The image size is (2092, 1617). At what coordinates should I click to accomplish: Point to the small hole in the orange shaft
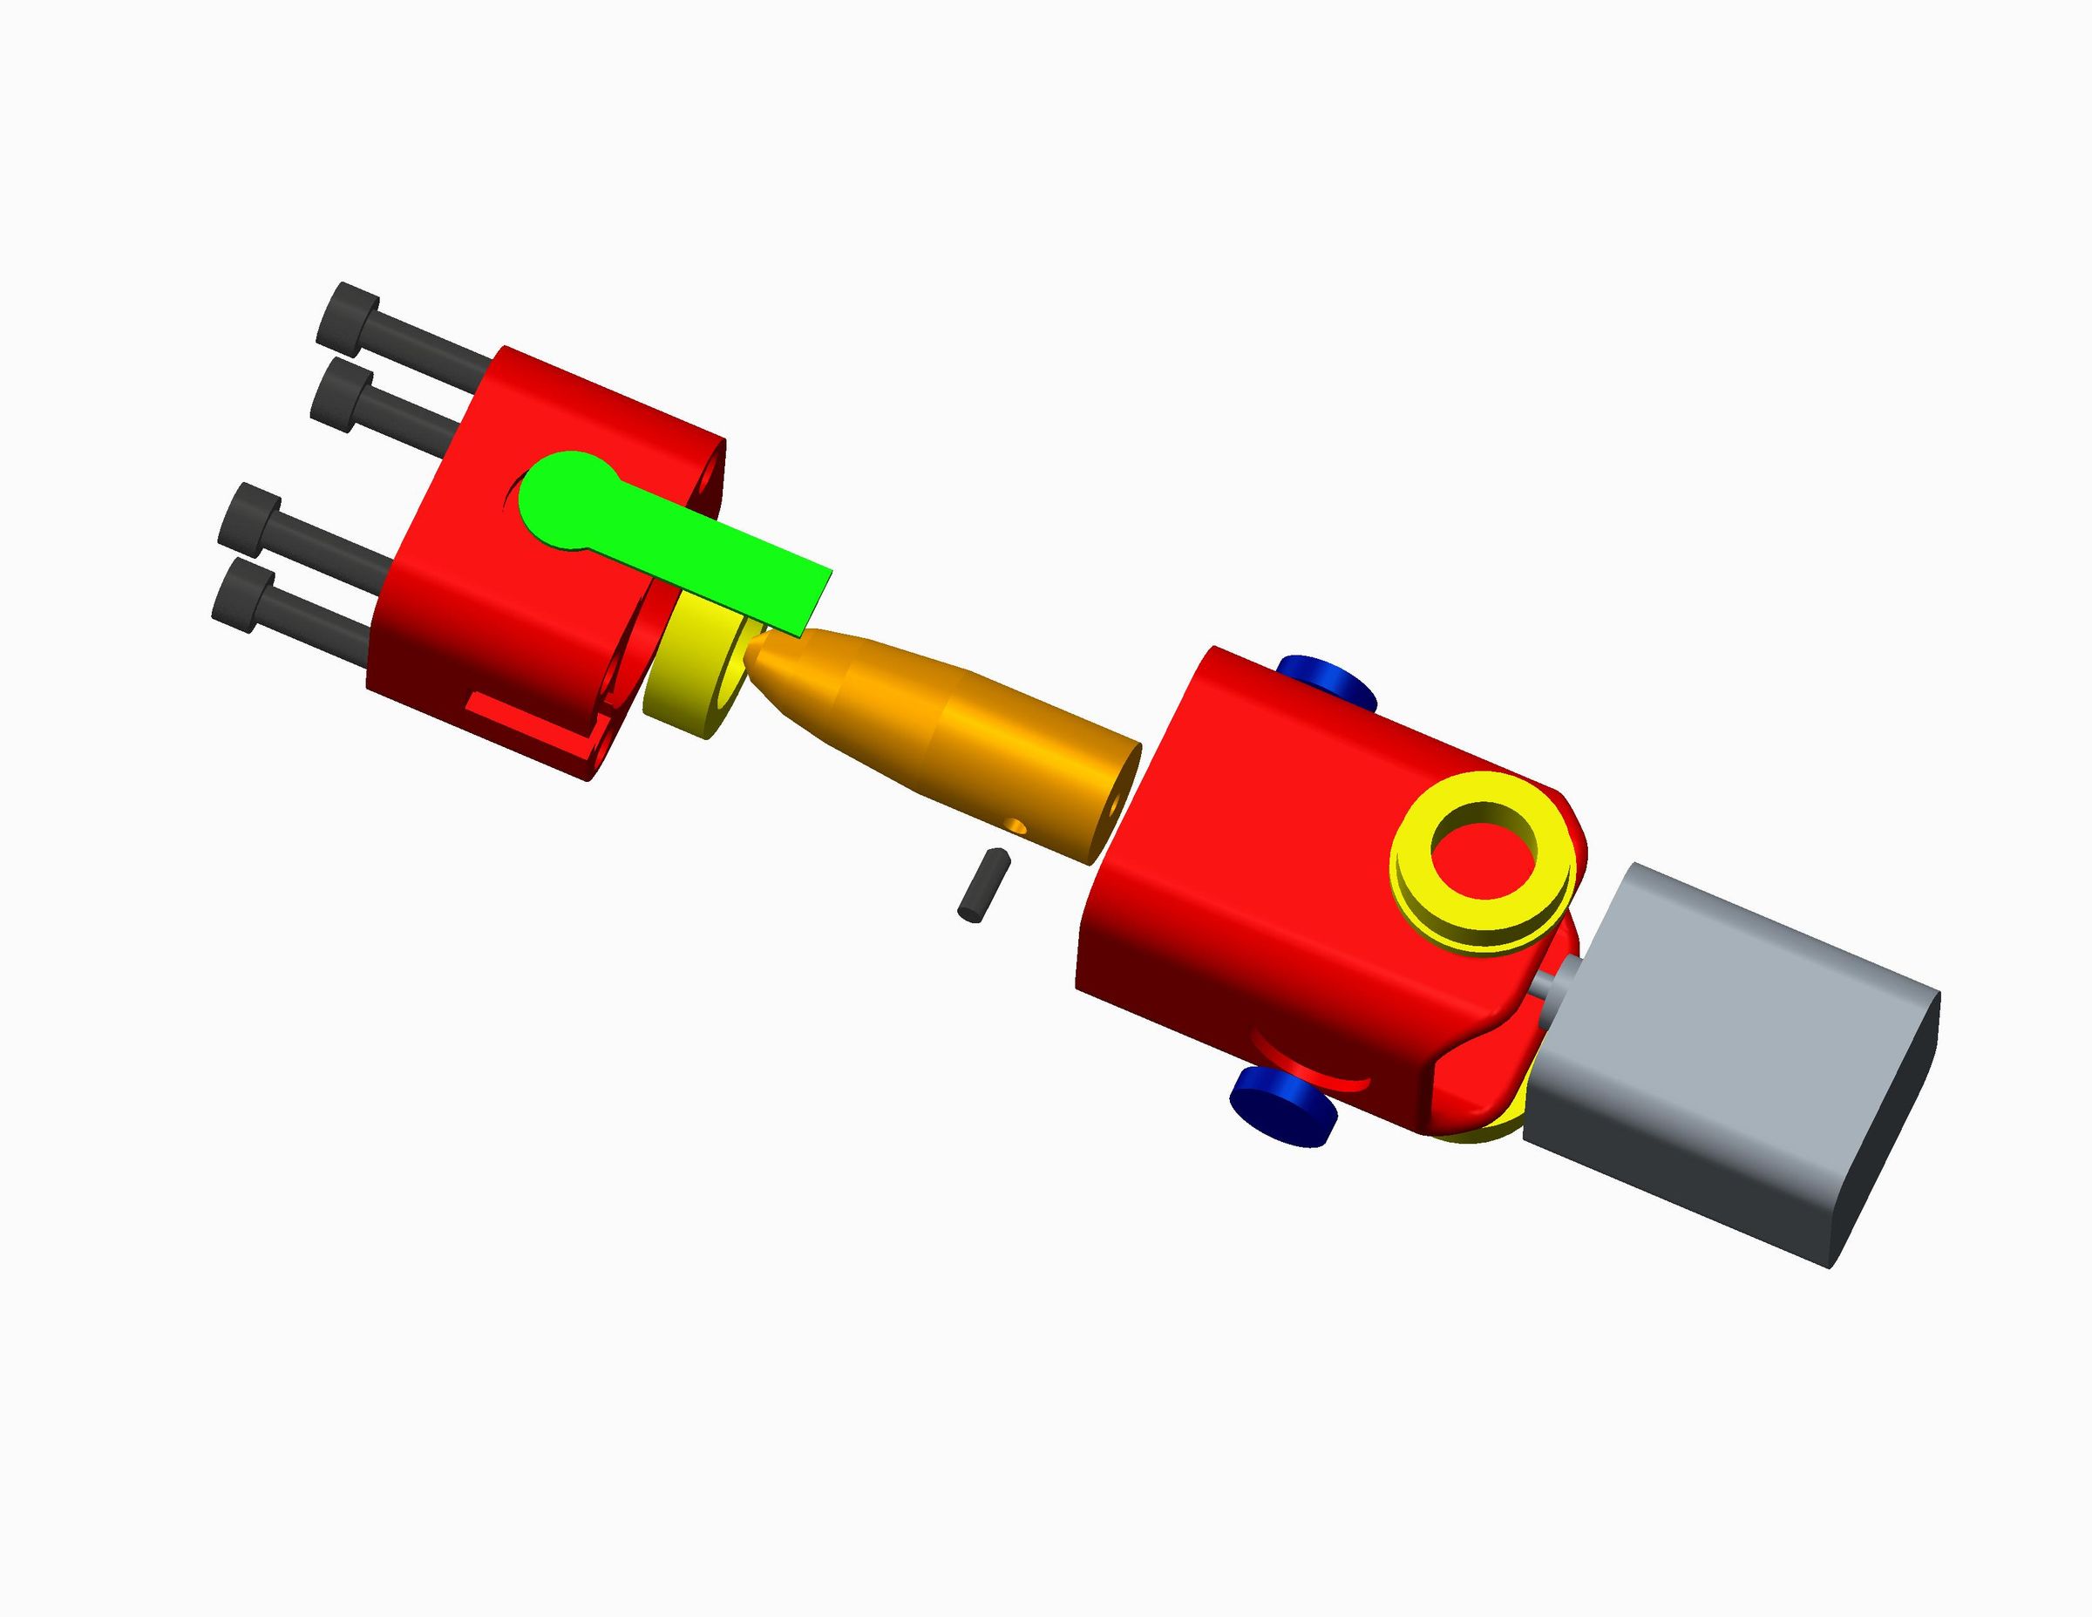(x=1017, y=825)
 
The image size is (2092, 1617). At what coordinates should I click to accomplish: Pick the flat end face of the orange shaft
(x=1113, y=801)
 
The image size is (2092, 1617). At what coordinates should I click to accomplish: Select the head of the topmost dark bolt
(x=347, y=312)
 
